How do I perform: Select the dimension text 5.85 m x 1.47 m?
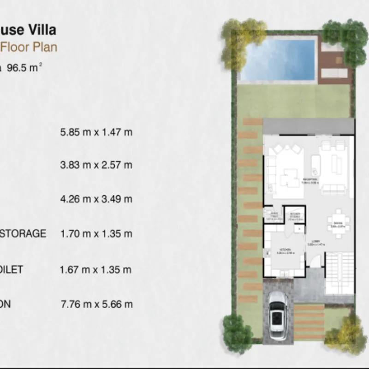point(96,132)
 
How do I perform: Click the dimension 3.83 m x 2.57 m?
point(96,165)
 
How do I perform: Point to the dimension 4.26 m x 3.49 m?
point(96,199)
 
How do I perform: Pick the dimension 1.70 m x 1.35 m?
point(96,234)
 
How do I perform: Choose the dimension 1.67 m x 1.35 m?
point(96,269)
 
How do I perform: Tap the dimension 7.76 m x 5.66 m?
point(96,304)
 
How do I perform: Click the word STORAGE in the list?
point(23,234)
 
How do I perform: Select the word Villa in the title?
point(42,30)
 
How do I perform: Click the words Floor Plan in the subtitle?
point(29,47)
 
